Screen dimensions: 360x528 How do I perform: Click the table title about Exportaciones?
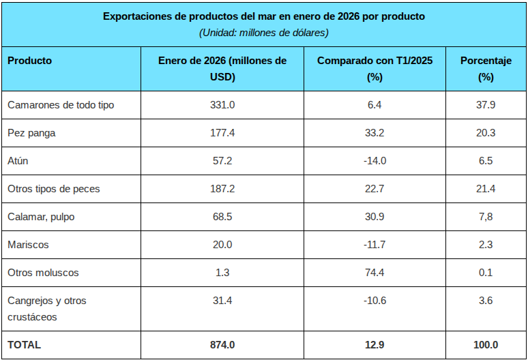coord(263,16)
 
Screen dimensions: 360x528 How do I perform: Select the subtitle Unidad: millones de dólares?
coord(263,32)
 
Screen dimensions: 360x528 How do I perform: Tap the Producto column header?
coord(29,61)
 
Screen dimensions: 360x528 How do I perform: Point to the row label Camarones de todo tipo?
coord(61,105)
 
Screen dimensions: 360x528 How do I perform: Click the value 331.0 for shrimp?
coord(222,105)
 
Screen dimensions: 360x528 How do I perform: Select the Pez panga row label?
coord(31,133)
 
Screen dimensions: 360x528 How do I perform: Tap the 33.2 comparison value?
coord(375,133)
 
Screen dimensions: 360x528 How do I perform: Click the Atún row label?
coord(18,161)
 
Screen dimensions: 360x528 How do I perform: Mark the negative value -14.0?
coord(375,161)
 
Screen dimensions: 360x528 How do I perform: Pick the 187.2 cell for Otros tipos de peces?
coord(222,189)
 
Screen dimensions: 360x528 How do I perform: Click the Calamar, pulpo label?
coord(41,217)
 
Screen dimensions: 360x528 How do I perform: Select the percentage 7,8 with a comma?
coord(486,217)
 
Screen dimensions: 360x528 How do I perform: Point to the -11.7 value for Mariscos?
coord(375,245)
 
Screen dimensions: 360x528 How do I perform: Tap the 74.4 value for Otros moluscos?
coord(375,273)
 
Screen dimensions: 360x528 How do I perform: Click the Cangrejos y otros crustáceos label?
coord(46,309)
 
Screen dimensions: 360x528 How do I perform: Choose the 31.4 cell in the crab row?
coord(222,301)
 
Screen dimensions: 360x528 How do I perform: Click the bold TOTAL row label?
coord(24,345)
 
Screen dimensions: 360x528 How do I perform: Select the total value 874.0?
coord(222,345)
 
